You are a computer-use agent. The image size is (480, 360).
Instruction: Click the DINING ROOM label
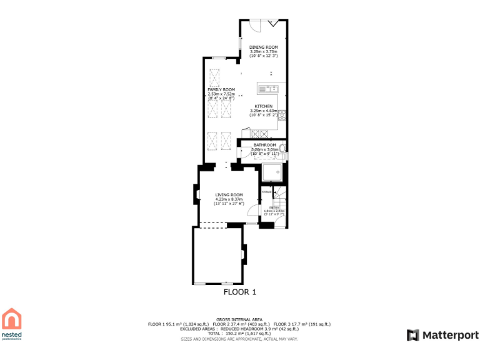pyautogui.click(x=263, y=47)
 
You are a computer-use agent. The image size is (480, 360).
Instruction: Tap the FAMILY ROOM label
pyautogui.click(x=221, y=90)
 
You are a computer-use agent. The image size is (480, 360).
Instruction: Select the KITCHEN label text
pyautogui.click(x=263, y=106)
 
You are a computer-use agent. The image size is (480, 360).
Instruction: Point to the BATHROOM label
pyautogui.click(x=264, y=145)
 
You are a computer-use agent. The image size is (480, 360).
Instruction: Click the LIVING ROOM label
pyautogui.click(x=229, y=194)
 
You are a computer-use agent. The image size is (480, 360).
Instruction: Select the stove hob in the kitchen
pyautogui.click(x=260, y=133)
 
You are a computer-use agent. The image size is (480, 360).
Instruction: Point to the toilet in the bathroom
pyautogui.click(x=282, y=149)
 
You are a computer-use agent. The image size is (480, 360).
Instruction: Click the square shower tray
pyautogui.click(x=272, y=172)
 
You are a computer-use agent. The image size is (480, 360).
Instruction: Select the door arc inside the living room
pyautogui.click(x=253, y=211)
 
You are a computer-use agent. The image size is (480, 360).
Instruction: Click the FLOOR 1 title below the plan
pyautogui.click(x=240, y=292)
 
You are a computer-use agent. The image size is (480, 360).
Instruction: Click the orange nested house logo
pyautogui.click(x=12, y=319)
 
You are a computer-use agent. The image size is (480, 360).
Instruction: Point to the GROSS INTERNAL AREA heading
pyautogui.click(x=239, y=319)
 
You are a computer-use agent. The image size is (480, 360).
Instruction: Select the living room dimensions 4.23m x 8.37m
pyautogui.click(x=229, y=199)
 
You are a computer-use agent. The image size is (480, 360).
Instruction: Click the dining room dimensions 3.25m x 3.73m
pyautogui.click(x=263, y=52)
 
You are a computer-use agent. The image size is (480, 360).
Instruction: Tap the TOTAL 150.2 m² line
pyautogui.click(x=239, y=334)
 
